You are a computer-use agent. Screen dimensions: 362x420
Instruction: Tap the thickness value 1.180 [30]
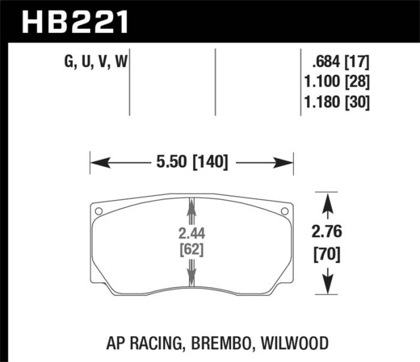pos(337,102)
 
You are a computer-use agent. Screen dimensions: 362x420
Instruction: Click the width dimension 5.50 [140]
pos(191,162)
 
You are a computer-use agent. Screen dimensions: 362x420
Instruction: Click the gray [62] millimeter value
pos(191,249)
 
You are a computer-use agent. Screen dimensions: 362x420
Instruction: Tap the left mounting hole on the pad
pos(99,210)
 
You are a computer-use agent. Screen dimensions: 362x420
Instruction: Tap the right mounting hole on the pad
pos(284,210)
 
